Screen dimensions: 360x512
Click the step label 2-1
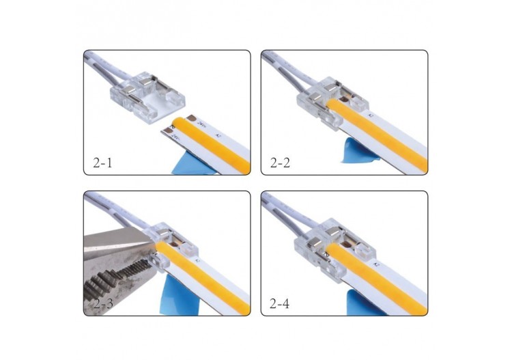point(106,163)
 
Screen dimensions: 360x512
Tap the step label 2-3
point(106,303)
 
